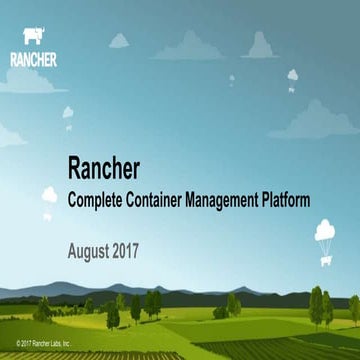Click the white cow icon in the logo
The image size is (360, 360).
pyautogui.click(x=32, y=38)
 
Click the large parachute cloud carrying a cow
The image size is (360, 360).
pyautogui.click(x=326, y=233)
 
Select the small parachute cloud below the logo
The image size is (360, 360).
pyautogui.click(x=68, y=113)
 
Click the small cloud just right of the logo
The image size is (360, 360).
pyautogui.click(x=118, y=40)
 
